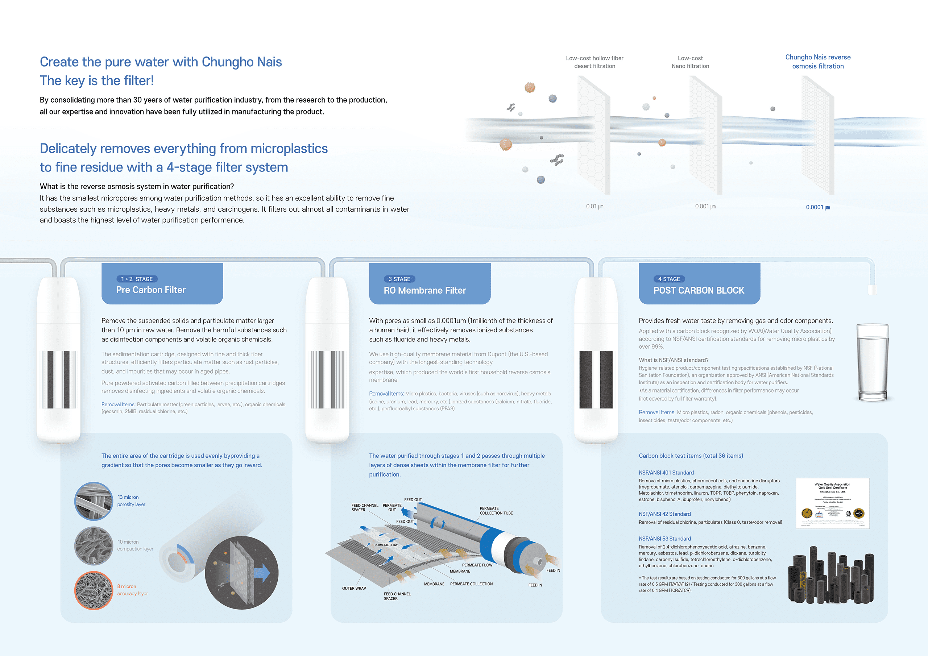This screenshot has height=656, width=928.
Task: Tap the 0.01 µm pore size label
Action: tap(594, 207)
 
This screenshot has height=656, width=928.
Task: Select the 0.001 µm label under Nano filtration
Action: tap(705, 207)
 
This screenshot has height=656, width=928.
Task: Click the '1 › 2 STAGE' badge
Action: tap(137, 279)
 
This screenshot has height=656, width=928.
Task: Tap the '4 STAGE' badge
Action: tap(668, 279)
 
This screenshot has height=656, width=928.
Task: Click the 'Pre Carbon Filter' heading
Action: tap(151, 290)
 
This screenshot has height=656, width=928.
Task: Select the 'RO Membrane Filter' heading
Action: tap(425, 290)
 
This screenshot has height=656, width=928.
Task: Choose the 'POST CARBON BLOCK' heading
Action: tap(699, 290)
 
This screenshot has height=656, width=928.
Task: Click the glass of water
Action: tap(872, 362)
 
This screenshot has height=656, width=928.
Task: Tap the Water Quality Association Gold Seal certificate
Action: tap(832, 503)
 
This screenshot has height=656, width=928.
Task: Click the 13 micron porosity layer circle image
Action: tap(94, 501)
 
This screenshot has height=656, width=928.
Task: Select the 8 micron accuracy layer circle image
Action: tap(94, 590)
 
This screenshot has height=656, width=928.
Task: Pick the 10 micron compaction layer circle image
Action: tap(94, 546)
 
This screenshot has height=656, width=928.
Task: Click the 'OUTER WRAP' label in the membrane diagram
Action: tap(354, 589)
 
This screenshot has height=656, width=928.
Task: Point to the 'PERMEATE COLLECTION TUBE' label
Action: tap(496, 511)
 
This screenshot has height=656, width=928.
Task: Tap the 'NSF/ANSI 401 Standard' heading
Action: tap(666, 473)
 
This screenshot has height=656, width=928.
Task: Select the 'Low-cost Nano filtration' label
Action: tap(690, 62)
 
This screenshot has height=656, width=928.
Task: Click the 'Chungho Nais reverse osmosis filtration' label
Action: tap(818, 62)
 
